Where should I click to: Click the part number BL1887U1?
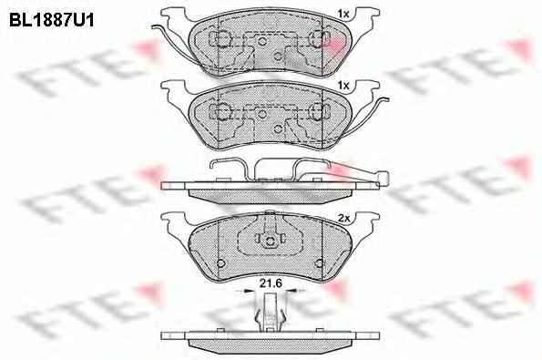(x=52, y=20)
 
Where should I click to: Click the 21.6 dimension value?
(x=271, y=283)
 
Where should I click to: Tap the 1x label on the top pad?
(x=343, y=14)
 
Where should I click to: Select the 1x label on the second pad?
(x=343, y=86)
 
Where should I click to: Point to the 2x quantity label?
(x=344, y=218)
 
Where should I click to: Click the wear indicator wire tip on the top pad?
(x=153, y=27)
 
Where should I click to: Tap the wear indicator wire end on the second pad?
(x=386, y=100)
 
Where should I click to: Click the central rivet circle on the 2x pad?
(x=271, y=241)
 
